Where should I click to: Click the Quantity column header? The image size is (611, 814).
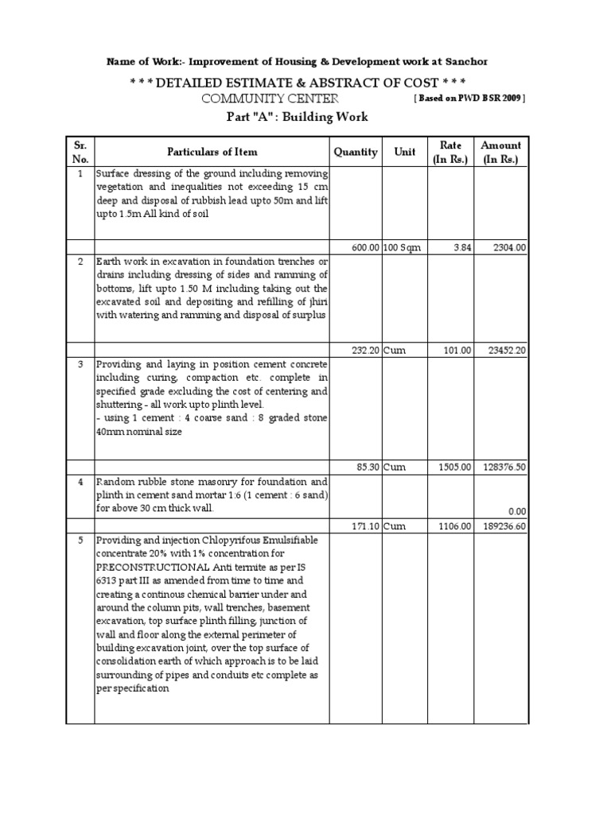coord(355,152)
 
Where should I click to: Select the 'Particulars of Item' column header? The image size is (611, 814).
coord(212,152)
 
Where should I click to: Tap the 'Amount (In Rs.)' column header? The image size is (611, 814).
coord(501,152)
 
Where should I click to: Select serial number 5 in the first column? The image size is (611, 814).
coord(80,539)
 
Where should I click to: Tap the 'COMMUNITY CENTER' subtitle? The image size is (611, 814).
coord(269,98)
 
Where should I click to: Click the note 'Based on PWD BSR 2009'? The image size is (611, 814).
coord(468,99)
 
